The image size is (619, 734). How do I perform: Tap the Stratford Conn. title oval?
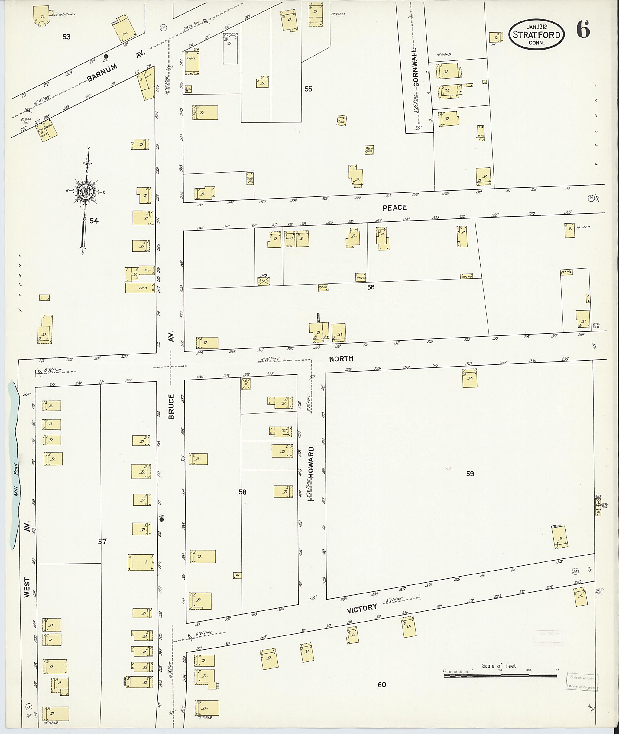[x=537, y=34]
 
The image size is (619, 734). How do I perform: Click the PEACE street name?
[x=394, y=208]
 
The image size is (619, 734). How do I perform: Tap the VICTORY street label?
[x=361, y=608]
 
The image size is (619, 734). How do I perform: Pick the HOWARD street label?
[x=311, y=462]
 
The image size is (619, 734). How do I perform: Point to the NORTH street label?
[x=341, y=359]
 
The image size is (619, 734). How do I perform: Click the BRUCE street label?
[x=171, y=407]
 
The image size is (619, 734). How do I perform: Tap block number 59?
[x=470, y=474]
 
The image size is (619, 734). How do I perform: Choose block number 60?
[x=382, y=684]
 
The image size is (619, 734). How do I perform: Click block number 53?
[x=66, y=37]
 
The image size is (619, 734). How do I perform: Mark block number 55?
[x=308, y=89]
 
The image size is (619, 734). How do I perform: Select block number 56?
[x=371, y=287]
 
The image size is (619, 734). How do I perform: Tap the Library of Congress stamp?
[x=582, y=682]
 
